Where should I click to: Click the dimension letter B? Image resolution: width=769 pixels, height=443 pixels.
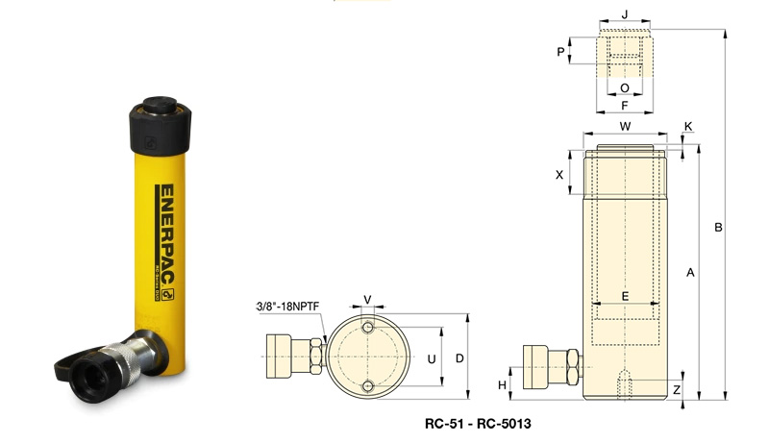[718, 228]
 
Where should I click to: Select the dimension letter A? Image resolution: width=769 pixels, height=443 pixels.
[690, 273]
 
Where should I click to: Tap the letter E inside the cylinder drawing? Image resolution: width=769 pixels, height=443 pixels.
[625, 296]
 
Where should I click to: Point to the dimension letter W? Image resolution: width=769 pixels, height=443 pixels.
[626, 127]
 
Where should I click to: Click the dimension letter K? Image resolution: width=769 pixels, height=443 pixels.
[688, 127]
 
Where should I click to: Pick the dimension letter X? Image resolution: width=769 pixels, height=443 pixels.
[559, 175]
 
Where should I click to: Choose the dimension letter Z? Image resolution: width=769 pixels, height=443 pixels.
[677, 390]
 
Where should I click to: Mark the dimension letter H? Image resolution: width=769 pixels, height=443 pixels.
[502, 385]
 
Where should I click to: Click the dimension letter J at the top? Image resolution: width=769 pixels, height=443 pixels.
[625, 14]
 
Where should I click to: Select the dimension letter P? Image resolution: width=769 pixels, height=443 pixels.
[560, 52]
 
